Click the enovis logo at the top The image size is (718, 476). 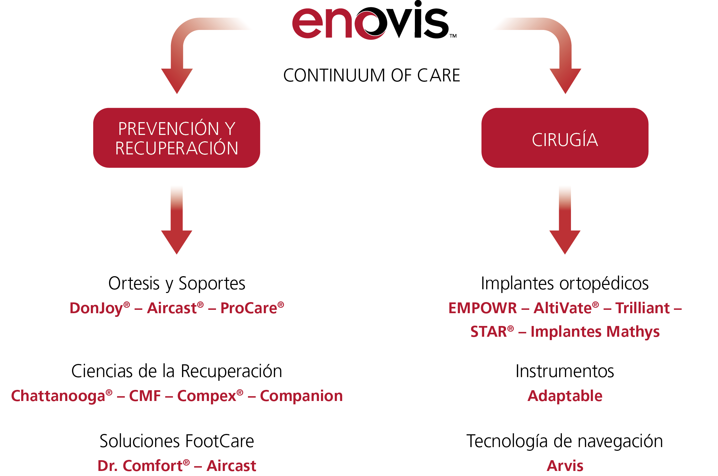click(374, 20)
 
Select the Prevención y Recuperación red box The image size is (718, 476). click(177, 138)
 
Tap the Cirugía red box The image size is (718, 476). click(565, 138)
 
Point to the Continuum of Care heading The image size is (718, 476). click(371, 75)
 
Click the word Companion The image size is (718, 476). click(301, 396)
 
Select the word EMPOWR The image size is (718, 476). click(482, 308)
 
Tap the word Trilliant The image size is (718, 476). click(643, 308)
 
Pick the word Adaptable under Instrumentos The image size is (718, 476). click(565, 396)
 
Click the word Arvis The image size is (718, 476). click(565, 466)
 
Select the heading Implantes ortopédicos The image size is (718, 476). click(565, 284)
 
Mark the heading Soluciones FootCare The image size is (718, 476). click(177, 441)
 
